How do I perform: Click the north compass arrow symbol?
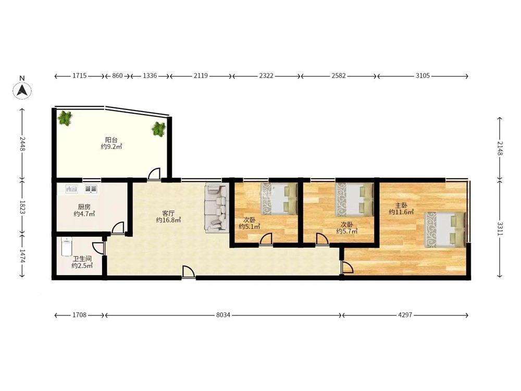click(x=22, y=90)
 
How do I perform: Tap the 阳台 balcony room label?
click(x=111, y=140)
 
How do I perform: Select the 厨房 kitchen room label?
click(x=84, y=207)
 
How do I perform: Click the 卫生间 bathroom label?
click(x=82, y=259)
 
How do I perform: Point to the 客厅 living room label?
click(x=168, y=213)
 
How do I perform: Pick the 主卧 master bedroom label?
click(x=401, y=205)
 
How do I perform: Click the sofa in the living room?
click(x=216, y=207)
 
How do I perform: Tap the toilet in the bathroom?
click(x=67, y=247)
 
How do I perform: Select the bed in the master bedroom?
click(x=445, y=229)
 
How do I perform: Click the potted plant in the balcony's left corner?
click(x=65, y=118)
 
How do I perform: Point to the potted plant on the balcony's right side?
click(x=159, y=129)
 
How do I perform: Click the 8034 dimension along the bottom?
click(x=223, y=315)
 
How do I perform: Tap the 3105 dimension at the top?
click(x=423, y=76)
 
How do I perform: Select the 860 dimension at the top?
click(x=117, y=76)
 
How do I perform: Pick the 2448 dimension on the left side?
click(x=22, y=143)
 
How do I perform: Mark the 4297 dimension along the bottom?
click(x=405, y=315)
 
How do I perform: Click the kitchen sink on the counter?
click(x=72, y=189)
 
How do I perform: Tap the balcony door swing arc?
click(x=154, y=173)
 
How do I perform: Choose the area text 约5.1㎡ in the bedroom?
click(x=249, y=226)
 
